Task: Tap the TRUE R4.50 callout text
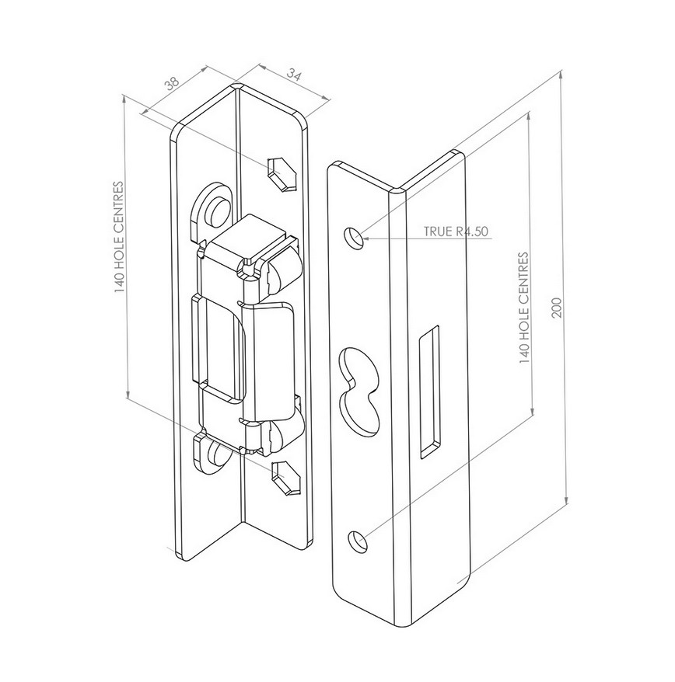pyautogui.click(x=456, y=231)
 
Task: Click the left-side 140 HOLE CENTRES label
pyautogui.click(x=119, y=237)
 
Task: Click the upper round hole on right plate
pyautogui.click(x=355, y=238)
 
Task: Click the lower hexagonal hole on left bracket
pyautogui.click(x=285, y=478)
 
